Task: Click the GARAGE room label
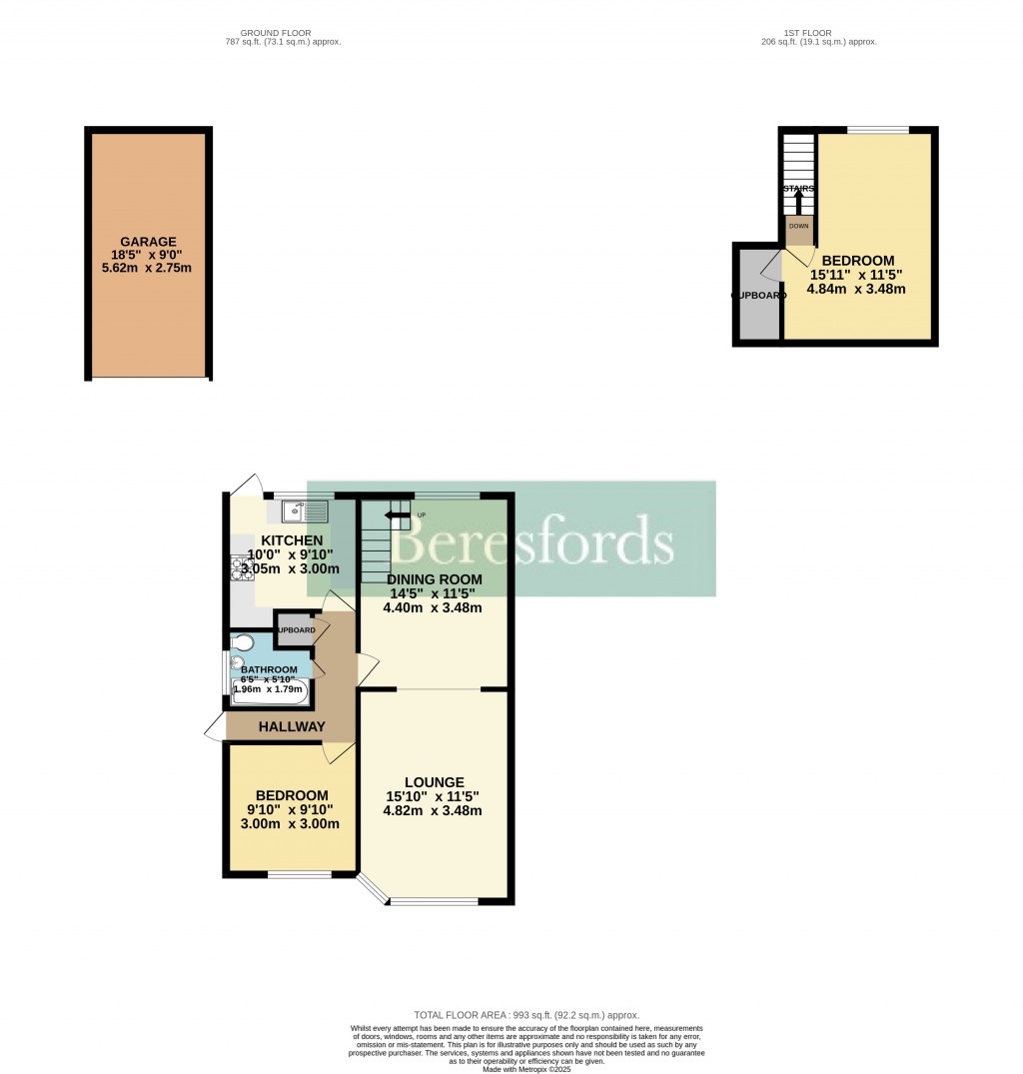[149, 242]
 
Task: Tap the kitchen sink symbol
[305, 512]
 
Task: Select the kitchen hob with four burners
[240, 567]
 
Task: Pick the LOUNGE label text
[434, 781]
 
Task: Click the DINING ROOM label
[435, 579]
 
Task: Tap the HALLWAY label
[292, 726]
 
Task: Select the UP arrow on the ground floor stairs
[398, 517]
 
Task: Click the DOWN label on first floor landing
[799, 226]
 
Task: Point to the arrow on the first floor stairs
[797, 200]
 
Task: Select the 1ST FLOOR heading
[818, 33]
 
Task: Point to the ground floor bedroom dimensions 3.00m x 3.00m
[290, 824]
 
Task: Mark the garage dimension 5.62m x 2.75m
[149, 270]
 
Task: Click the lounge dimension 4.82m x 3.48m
[433, 810]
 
